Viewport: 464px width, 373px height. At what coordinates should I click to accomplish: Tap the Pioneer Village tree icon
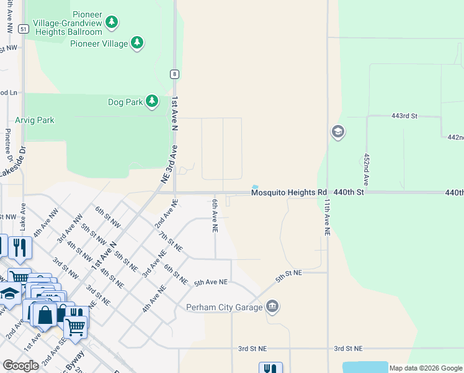click(x=137, y=43)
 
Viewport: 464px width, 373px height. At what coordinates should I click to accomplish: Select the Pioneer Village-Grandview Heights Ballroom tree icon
click(x=111, y=23)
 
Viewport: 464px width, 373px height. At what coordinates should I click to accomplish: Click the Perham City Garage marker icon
click(x=272, y=306)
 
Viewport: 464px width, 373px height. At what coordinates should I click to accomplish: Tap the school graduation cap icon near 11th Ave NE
click(x=338, y=132)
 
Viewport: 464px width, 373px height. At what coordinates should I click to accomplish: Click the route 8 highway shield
click(x=176, y=74)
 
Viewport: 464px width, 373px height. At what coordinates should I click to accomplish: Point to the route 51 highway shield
click(x=23, y=29)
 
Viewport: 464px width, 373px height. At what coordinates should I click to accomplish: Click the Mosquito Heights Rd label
click(x=288, y=193)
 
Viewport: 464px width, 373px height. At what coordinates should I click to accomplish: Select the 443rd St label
click(x=405, y=116)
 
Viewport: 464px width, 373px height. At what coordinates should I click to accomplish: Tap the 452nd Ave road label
click(x=367, y=170)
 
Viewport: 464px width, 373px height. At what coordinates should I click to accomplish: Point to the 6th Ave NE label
click(x=215, y=216)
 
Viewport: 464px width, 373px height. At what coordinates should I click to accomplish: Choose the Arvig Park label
click(x=35, y=120)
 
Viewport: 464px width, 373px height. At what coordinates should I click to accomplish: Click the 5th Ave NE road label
click(x=211, y=282)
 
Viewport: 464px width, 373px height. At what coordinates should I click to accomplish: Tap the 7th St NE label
click(x=170, y=241)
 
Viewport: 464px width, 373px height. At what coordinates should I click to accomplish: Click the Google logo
click(x=20, y=366)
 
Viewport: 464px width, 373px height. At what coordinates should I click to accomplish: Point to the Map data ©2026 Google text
click(x=425, y=368)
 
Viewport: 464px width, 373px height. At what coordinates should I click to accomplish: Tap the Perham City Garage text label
click(x=225, y=306)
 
